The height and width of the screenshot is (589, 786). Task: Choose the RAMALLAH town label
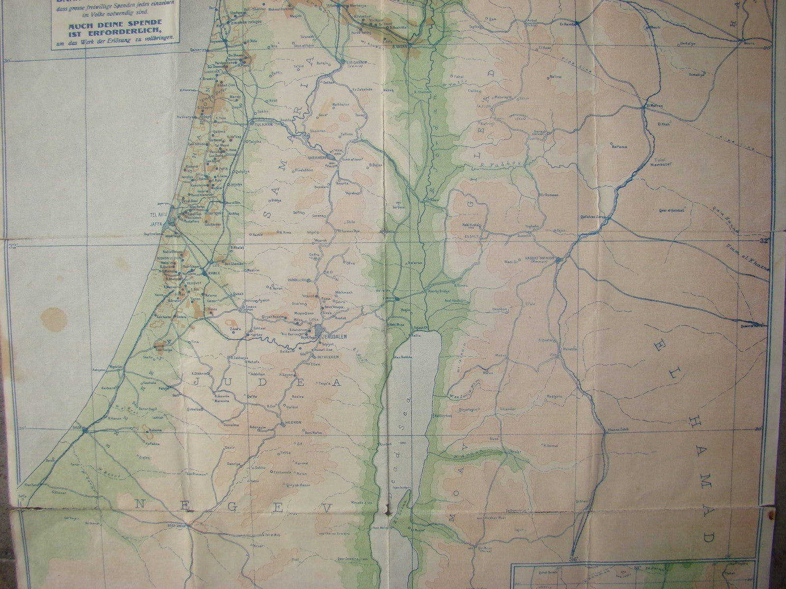(x=300, y=279)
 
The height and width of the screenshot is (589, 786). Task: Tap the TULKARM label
(x=260, y=125)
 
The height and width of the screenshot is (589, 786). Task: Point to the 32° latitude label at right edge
(x=763, y=241)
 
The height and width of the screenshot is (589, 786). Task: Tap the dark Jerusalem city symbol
(x=320, y=331)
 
